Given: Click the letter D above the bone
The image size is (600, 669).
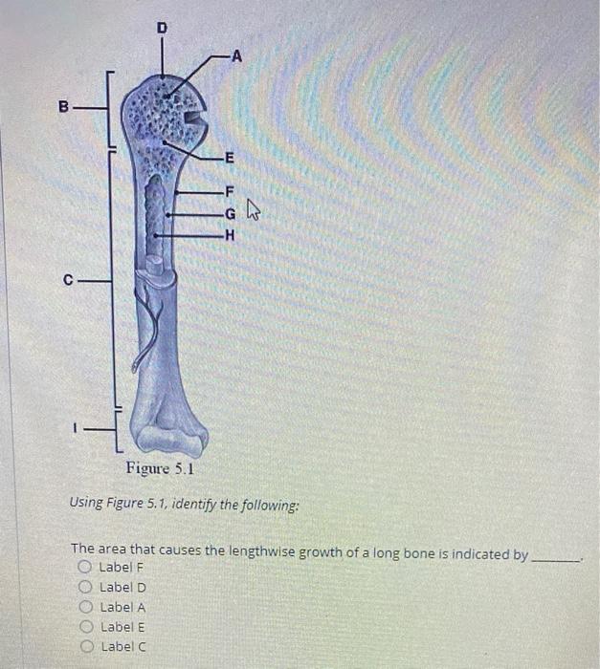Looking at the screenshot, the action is [x=162, y=29].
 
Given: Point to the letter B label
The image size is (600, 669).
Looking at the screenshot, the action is [x=65, y=107].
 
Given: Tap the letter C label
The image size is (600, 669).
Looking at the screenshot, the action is [x=68, y=280].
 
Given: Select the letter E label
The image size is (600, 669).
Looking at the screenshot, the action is [x=227, y=158].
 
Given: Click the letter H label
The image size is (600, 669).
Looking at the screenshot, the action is [x=228, y=234].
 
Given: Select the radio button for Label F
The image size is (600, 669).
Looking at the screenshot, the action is [x=84, y=567].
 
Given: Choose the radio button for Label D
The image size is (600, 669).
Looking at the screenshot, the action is [x=84, y=587].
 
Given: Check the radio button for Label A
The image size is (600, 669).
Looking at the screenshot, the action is [x=84, y=607].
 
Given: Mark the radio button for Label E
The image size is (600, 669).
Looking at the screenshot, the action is [x=84, y=627].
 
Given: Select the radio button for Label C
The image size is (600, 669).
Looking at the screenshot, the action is [x=84, y=646].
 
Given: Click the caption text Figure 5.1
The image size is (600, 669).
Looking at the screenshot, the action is [x=160, y=469].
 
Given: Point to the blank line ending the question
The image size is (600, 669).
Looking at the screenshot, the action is [x=556, y=558].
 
